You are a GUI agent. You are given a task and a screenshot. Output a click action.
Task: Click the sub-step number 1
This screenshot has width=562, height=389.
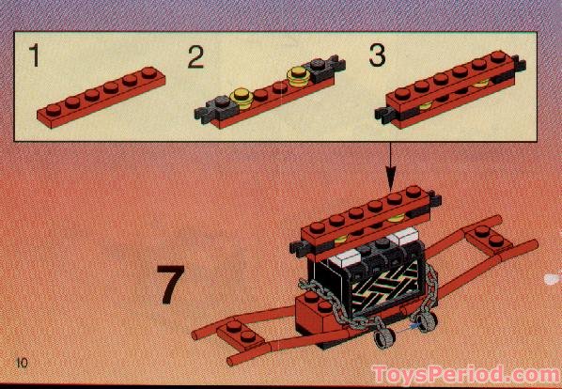click(x=34, y=57)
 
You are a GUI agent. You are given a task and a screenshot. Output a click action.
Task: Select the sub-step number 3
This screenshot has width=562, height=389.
click(x=377, y=56)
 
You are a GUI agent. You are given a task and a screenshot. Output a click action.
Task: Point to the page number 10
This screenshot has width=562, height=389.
click(x=23, y=363)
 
